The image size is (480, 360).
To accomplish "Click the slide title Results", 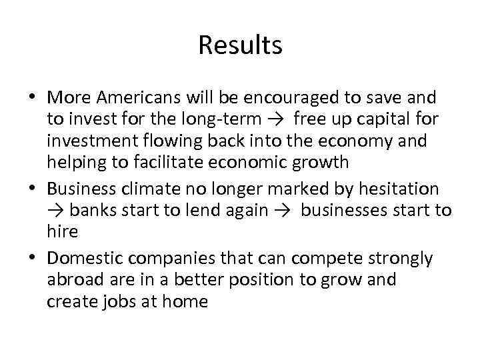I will tap(240, 46).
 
